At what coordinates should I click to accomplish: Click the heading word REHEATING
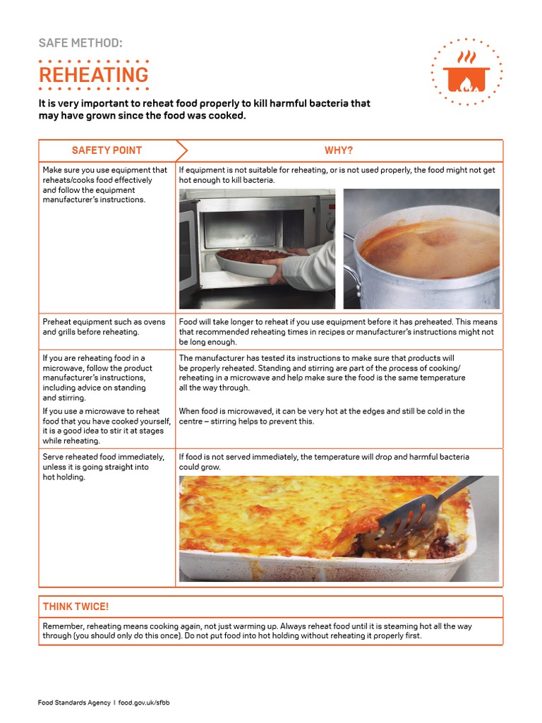tap(93, 74)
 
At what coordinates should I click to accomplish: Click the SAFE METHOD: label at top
tap(80, 44)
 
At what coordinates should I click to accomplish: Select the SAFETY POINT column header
tap(107, 150)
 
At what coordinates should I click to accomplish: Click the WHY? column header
tap(338, 150)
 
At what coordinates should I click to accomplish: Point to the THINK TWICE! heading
tap(76, 607)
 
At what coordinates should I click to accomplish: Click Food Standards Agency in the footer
tap(74, 703)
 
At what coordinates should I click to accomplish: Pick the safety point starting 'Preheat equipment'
tap(104, 326)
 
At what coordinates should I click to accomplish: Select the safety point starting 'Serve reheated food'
tap(103, 467)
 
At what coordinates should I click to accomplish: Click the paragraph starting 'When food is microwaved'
tap(321, 416)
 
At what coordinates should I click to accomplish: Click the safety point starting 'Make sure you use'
tap(104, 184)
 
